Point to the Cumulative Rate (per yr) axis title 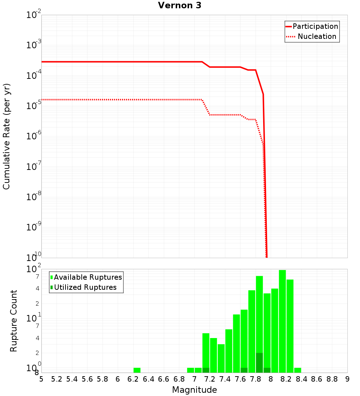pos(6,136)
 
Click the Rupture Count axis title pos(14,321)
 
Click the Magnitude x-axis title pos(194,390)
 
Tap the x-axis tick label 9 pos(347,379)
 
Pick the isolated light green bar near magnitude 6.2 pos(137,370)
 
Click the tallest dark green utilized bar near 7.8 pos(259,363)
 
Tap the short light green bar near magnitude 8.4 pos(297,370)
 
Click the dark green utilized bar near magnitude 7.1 pos(206,370)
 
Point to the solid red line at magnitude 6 pos(118,62)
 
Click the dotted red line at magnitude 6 pos(118,99)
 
